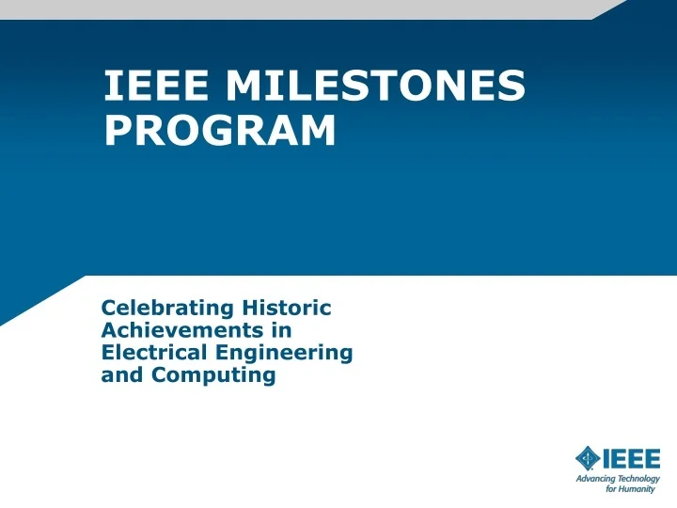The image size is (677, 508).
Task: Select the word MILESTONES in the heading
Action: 375,87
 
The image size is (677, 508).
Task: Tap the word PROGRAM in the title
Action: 220,131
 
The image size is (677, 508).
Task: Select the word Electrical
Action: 153,353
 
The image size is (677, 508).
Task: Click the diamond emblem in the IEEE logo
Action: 588,458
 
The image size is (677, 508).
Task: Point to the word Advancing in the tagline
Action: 594,479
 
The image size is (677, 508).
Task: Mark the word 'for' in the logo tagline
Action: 612,489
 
